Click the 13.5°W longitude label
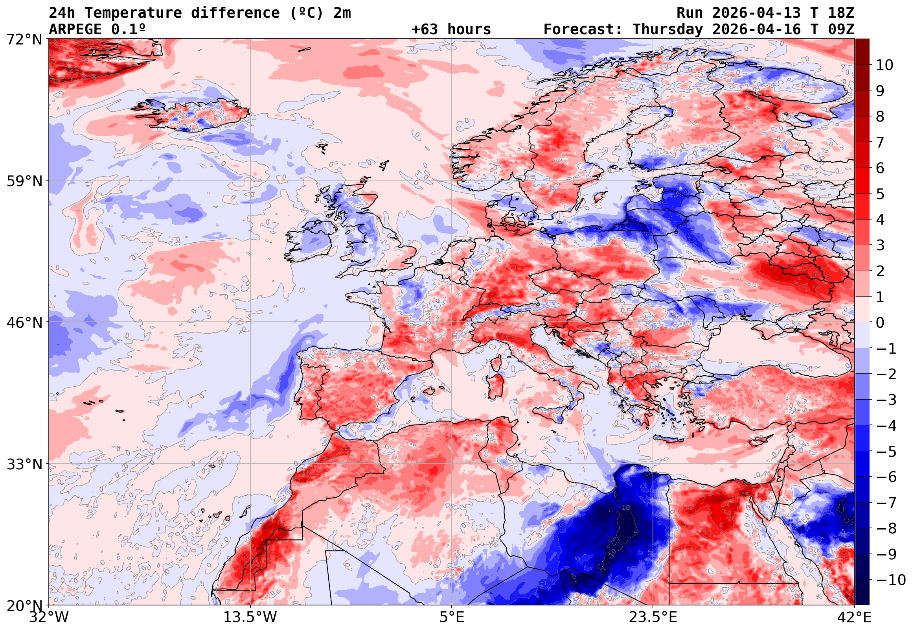pyautogui.click(x=250, y=617)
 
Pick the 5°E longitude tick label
pyautogui.click(x=452, y=617)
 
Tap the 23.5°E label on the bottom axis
pyautogui.click(x=653, y=617)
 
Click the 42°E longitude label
pyautogui.click(x=854, y=617)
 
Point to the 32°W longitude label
pyautogui.click(x=49, y=617)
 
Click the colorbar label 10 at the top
pyautogui.click(x=884, y=65)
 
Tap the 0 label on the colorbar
pyautogui.click(x=880, y=323)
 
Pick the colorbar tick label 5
pyautogui.click(x=880, y=194)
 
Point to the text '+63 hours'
pyautogui.click(x=451, y=30)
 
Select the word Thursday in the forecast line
pyautogui.click(x=667, y=30)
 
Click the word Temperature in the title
pyautogui.click(x=133, y=13)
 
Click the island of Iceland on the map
pyautogui.click(x=193, y=114)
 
